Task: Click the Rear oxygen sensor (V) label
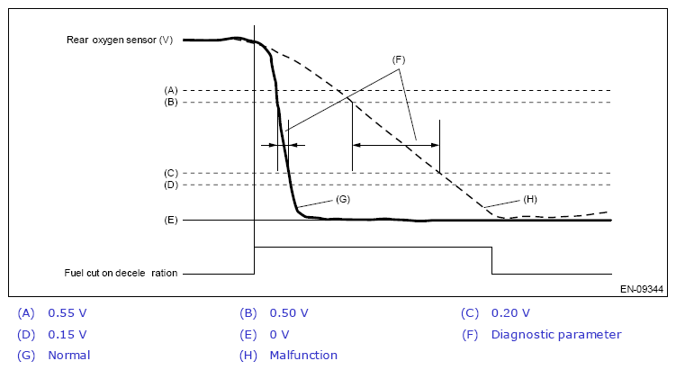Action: [x=120, y=40]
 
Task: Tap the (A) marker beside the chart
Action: [x=171, y=90]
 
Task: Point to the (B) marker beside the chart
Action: [x=171, y=102]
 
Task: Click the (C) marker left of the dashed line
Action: [x=171, y=173]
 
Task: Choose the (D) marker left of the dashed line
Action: [x=171, y=185]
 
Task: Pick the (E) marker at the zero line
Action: [x=171, y=220]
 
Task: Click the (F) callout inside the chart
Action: [x=400, y=59]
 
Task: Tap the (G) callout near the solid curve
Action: [x=342, y=197]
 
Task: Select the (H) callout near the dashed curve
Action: [x=531, y=198]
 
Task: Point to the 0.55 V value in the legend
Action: [x=68, y=312]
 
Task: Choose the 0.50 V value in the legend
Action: [x=289, y=312]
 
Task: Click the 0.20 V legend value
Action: [x=510, y=312]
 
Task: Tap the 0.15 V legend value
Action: [x=68, y=334]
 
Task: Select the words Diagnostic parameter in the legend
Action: [x=555, y=334]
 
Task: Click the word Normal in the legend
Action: [x=69, y=356]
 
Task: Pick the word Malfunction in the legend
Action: [x=303, y=356]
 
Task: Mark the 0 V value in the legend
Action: [x=280, y=334]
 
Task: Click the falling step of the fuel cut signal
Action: [x=492, y=260]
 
